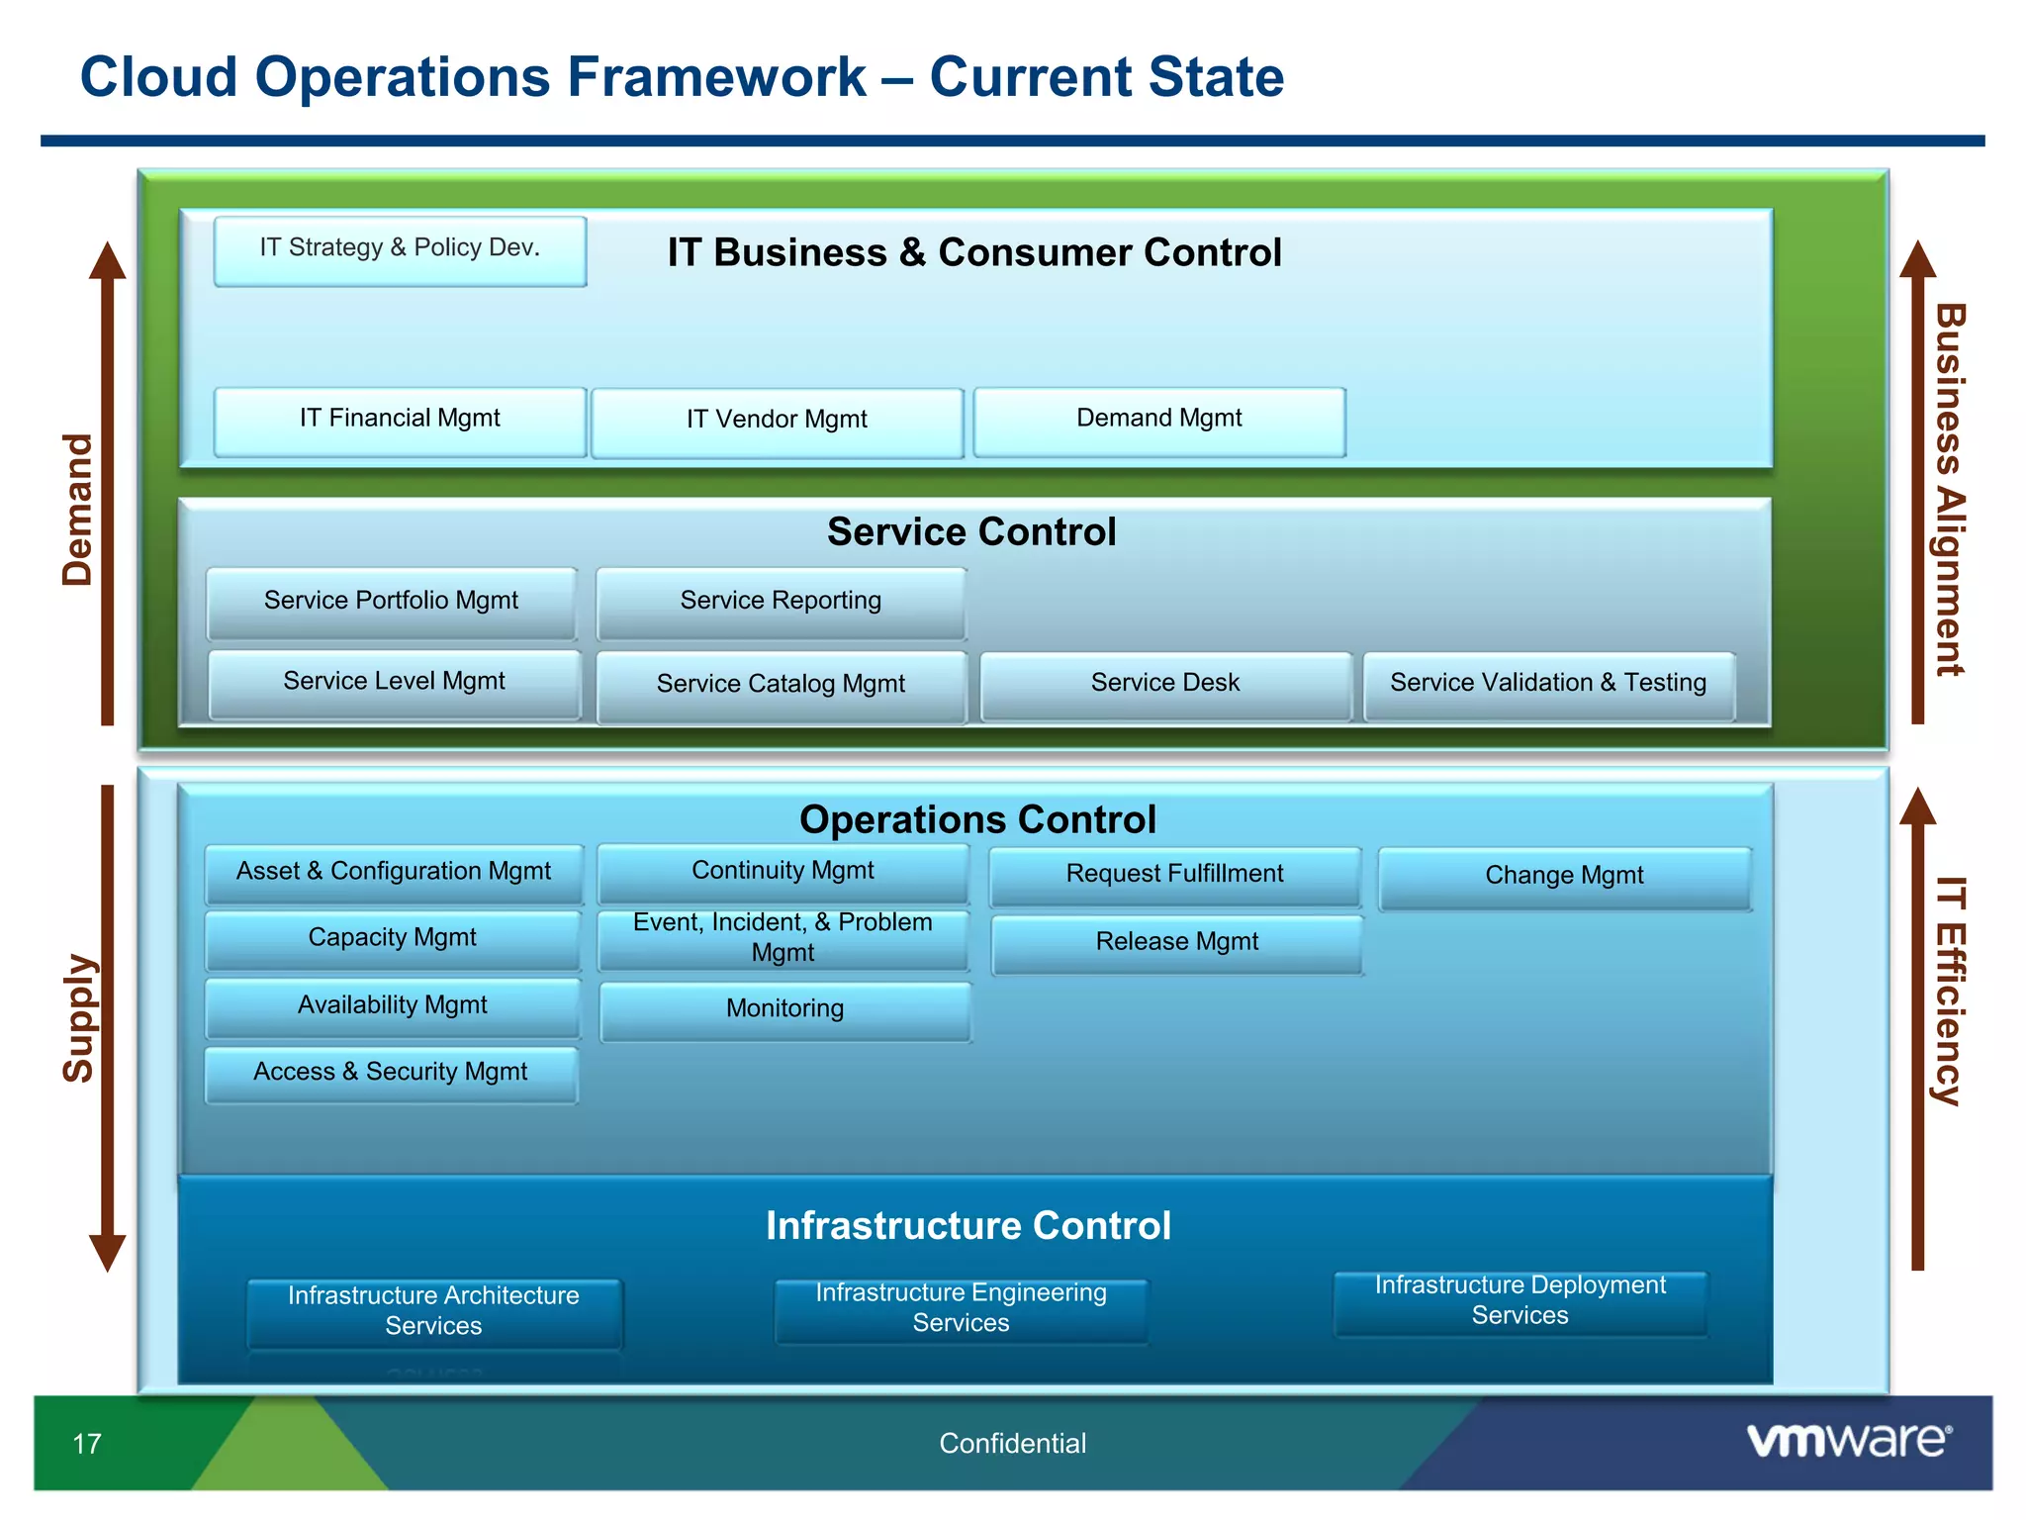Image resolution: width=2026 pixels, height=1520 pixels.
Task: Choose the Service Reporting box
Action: click(x=781, y=603)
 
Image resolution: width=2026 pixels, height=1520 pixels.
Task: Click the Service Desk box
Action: click(x=1165, y=685)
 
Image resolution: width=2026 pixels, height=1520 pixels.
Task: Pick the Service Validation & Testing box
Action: click(x=1548, y=685)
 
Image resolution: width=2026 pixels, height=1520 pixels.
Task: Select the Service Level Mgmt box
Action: click(x=394, y=684)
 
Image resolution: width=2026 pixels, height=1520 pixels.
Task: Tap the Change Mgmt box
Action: click(x=1564, y=878)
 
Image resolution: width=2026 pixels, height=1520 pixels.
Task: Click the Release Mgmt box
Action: click(x=1176, y=944)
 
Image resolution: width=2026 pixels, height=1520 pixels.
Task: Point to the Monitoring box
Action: click(x=784, y=1010)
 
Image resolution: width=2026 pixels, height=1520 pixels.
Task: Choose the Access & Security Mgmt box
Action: click(x=391, y=1074)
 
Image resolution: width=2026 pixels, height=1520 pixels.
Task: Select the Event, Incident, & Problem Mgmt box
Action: click(x=783, y=939)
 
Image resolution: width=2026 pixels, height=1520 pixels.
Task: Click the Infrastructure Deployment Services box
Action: click(x=1519, y=1302)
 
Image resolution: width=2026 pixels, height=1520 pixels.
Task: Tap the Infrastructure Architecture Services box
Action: click(x=433, y=1312)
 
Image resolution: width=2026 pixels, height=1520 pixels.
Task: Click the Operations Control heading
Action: click(x=977, y=820)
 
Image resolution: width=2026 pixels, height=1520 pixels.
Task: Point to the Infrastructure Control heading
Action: click(x=968, y=1226)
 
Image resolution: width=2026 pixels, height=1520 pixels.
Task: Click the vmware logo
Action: click(x=1848, y=1440)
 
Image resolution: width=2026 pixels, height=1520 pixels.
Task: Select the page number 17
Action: click(x=87, y=1444)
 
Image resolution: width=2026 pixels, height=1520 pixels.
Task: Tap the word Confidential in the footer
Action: click(x=1012, y=1444)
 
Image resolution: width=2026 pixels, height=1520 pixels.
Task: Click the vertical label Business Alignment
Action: click(x=1949, y=490)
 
